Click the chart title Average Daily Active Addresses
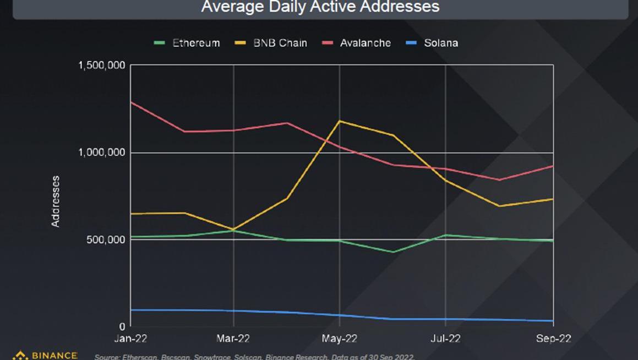click(x=320, y=7)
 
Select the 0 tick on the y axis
click(x=122, y=326)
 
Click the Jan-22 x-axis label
click(x=130, y=339)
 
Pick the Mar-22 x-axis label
click(x=234, y=339)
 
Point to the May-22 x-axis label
click(x=339, y=339)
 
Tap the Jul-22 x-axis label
click(x=445, y=339)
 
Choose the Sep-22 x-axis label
click(x=553, y=339)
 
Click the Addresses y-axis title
click(x=56, y=201)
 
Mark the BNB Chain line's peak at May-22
click(x=340, y=121)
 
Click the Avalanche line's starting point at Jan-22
click(x=131, y=102)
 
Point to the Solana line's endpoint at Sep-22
click(x=553, y=321)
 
